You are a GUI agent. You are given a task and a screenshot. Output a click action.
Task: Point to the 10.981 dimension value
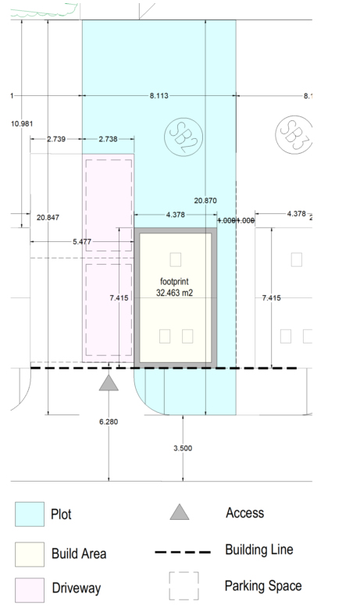click(x=23, y=123)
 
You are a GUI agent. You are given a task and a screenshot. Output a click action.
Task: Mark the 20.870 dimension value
click(x=205, y=201)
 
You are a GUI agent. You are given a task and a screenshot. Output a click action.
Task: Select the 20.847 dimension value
click(x=48, y=216)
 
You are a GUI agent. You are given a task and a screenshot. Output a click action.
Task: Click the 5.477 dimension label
click(x=82, y=242)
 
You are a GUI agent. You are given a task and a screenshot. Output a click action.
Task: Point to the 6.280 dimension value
click(x=109, y=422)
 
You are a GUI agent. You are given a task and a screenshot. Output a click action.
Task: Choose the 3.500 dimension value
click(x=182, y=448)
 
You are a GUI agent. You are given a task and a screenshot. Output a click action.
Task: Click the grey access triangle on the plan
click(x=109, y=382)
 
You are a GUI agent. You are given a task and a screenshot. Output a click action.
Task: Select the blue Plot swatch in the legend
click(x=30, y=514)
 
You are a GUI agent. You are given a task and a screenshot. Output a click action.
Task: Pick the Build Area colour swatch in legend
click(x=30, y=553)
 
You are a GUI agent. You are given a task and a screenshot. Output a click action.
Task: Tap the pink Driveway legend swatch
click(x=30, y=589)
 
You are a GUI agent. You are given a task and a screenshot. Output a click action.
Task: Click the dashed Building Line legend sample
click(x=184, y=552)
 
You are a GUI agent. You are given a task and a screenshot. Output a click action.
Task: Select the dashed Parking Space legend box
click(x=184, y=586)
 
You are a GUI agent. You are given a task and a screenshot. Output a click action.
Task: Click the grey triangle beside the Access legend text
click(x=180, y=512)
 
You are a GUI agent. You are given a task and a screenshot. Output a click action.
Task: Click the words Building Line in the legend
click(x=258, y=550)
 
